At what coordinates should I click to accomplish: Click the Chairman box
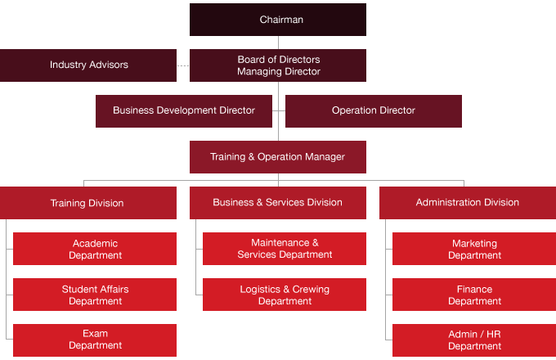(x=278, y=20)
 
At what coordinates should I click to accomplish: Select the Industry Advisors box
(x=88, y=65)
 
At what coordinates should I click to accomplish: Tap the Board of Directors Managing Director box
(x=278, y=65)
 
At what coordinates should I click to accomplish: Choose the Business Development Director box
(x=184, y=111)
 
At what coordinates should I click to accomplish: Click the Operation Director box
(x=374, y=111)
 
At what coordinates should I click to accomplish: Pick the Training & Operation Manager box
(x=278, y=157)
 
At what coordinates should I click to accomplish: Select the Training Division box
(x=88, y=203)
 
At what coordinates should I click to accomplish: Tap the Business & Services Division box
(x=278, y=203)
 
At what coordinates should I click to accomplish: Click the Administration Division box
(x=468, y=203)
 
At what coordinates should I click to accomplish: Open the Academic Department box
(x=95, y=249)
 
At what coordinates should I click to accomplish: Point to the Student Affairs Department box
(x=95, y=295)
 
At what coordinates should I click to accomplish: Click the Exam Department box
(x=95, y=340)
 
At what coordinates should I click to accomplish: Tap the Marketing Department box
(x=474, y=249)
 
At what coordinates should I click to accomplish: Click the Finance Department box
(x=474, y=295)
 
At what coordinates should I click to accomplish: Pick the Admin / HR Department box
(x=474, y=340)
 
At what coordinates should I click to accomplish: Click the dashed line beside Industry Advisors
(x=183, y=65)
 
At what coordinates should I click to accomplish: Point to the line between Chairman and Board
(x=278, y=43)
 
